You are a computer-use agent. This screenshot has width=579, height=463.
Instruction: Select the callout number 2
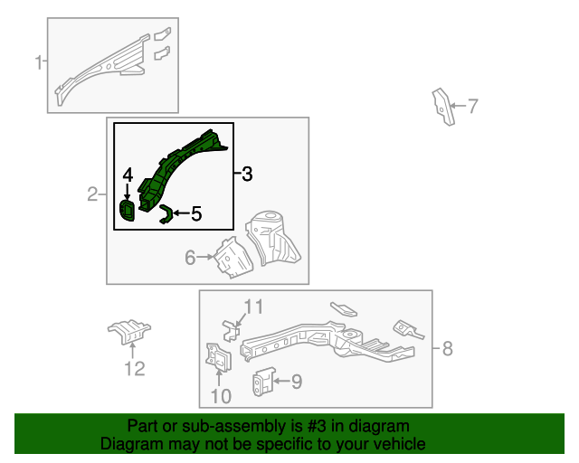point(92,194)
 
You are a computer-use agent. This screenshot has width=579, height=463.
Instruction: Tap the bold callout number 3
point(247,174)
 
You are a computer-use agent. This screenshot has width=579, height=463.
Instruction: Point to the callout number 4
point(128,175)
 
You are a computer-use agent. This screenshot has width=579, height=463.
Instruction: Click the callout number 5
point(195,213)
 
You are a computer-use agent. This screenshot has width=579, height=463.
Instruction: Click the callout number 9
point(296,382)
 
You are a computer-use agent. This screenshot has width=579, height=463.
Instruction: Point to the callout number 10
point(221,395)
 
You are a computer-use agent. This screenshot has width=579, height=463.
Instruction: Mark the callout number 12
point(134,367)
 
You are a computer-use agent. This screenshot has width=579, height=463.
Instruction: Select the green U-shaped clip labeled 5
point(166,213)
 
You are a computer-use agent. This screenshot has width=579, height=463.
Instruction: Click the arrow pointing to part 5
point(180,213)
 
